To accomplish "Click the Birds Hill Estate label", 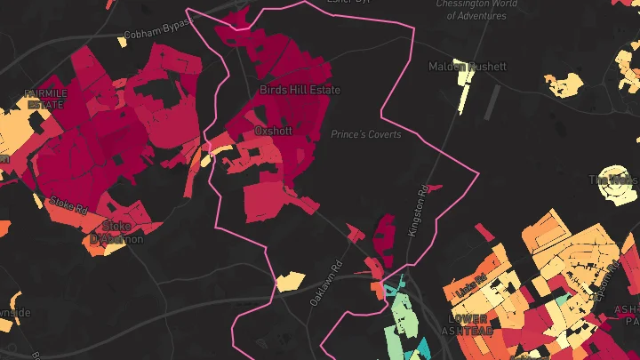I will (300, 90).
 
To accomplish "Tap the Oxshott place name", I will (273, 130).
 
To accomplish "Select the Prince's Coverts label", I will (365, 135).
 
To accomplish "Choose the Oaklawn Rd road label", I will (325, 284).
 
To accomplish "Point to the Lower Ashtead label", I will (470, 324).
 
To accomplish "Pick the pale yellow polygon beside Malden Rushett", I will (464, 88).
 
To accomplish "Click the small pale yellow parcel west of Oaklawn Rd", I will (290, 283).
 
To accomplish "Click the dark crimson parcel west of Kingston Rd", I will (387, 232).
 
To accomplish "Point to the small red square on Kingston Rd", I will (436, 188).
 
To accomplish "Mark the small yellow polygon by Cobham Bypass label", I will (122, 41).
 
